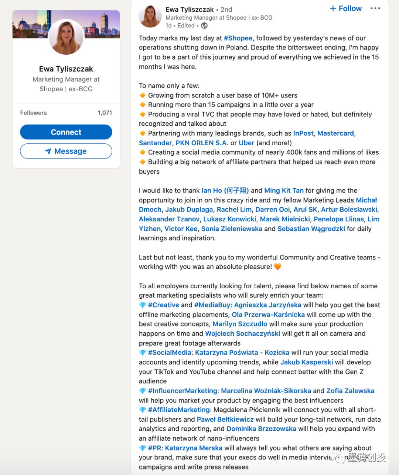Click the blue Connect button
pyautogui.click(x=66, y=132)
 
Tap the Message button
pyautogui.click(x=66, y=151)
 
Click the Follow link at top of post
pyautogui.click(x=346, y=9)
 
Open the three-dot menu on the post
pyautogui.click(x=375, y=9)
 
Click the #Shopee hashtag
pyautogui.click(x=238, y=38)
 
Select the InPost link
pyautogui.click(x=303, y=133)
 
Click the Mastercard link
pyautogui.click(x=335, y=133)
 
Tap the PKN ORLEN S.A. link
pyautogui.click(x=202, y=143)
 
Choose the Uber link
pyautogui.click(x=246, y=143)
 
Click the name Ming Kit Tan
pyautogui.click(x=284, y=190)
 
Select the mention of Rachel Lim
pyautogui.click(x=234, y=210)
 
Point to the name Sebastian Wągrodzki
pyautogui.click(x=311, y=228)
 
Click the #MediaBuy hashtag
pyautogui.click(x=212, y=305)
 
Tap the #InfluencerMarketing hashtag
pyautogui.click(x=183, y=391)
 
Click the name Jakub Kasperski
pyautogui.click(x=307, y=362)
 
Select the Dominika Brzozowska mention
pyautogui.click(x=261, y=429)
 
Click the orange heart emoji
pyautogui.click(x=277, y=267)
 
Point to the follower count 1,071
pyautogui.click(x=105, y=113)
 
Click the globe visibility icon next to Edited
pyautogui.click(x=204, y=26)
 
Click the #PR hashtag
pyautogui.click(x=154, y=448)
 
